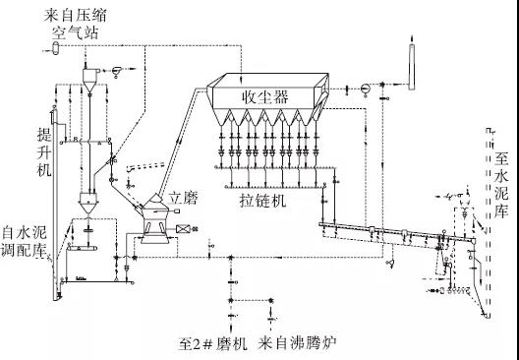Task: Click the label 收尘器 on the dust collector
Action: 265,97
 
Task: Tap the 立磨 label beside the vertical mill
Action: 183,198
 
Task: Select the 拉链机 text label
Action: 262,201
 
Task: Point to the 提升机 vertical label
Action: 43,152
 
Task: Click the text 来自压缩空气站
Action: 75,25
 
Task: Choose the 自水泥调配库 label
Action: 25,242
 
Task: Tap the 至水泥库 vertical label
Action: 500,186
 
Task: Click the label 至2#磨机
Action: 213,344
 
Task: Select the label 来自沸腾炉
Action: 297,344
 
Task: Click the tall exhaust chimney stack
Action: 412,67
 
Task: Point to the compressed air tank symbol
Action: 55,48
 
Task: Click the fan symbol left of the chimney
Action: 365,90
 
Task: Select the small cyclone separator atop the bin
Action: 89,80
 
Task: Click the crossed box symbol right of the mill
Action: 183,229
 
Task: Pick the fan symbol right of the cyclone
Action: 117,71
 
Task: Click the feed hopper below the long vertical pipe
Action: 88,203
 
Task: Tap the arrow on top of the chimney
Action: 412,38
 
